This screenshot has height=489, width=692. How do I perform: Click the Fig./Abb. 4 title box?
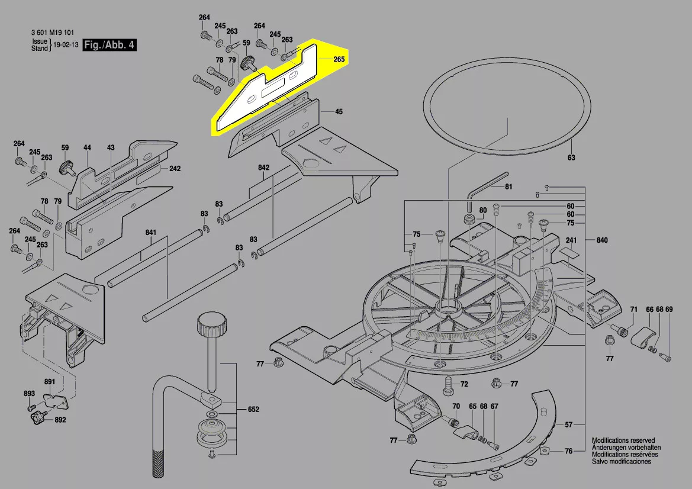[110, 45]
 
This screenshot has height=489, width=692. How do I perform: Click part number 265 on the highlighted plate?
[339, 59]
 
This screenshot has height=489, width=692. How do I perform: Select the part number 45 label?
[339, 112]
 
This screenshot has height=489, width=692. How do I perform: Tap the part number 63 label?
[571, 158]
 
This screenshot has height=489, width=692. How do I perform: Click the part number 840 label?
[602, 240]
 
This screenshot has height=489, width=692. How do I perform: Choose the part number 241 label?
[571, 240]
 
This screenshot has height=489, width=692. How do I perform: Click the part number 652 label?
[253, 410]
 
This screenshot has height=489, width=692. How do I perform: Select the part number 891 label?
[49, 381]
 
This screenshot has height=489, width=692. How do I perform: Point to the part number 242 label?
[175, 169]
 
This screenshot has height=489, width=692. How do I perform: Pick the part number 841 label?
[151, 233]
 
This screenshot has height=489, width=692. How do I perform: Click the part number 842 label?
[264, 168]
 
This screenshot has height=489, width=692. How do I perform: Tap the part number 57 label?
[568, 425]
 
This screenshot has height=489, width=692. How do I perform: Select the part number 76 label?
[568, 452]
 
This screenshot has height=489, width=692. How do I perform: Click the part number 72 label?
[464, 385]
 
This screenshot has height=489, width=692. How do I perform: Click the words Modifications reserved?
[623, 441]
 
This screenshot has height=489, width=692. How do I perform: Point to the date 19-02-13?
[65, 45]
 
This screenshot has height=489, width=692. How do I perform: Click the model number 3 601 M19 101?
[52, 33]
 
